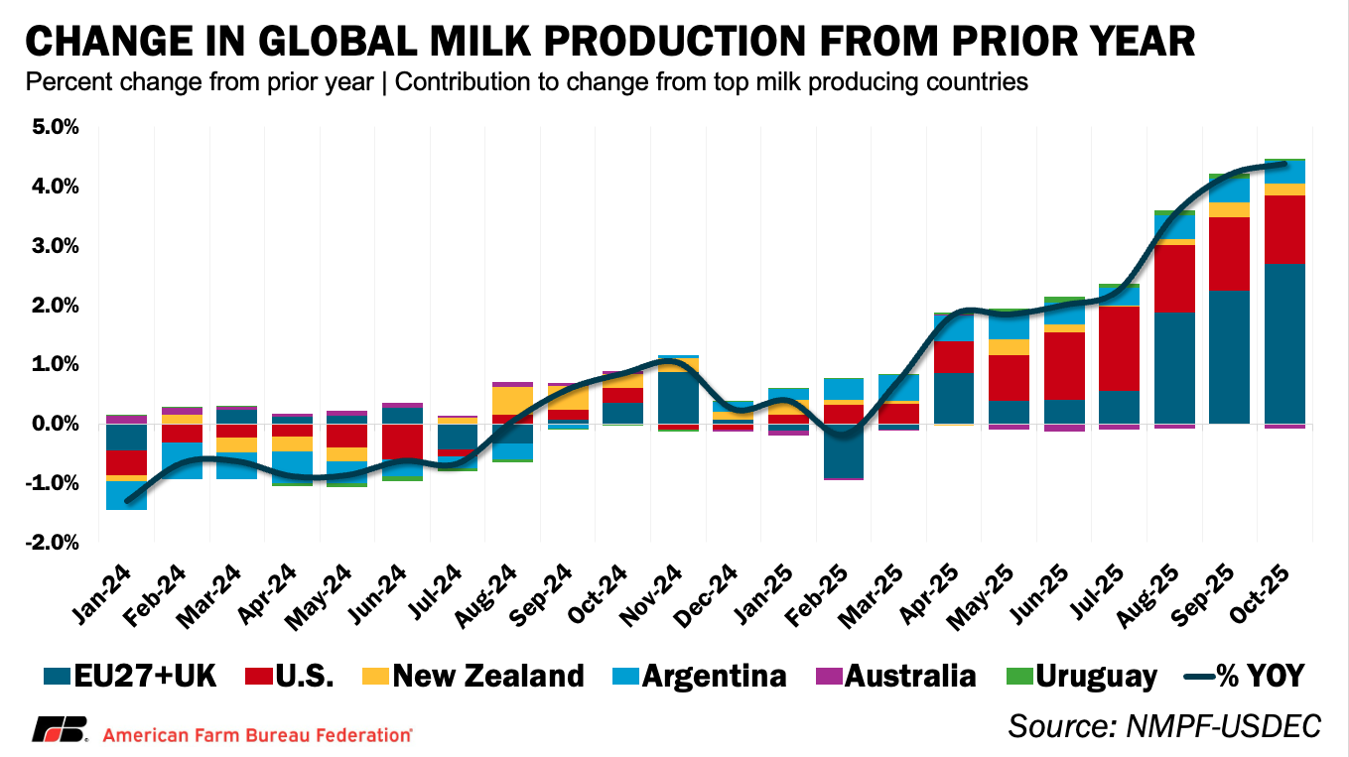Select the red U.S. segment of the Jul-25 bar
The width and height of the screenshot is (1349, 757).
1118,348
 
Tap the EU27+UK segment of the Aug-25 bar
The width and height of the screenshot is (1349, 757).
1173,368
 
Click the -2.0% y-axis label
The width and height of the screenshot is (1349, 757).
54,543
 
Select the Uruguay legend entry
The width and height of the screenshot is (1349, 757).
1081,677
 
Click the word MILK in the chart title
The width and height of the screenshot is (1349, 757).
464,41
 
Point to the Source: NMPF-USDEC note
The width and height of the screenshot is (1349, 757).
1164,725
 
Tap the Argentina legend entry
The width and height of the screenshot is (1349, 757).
699,677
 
